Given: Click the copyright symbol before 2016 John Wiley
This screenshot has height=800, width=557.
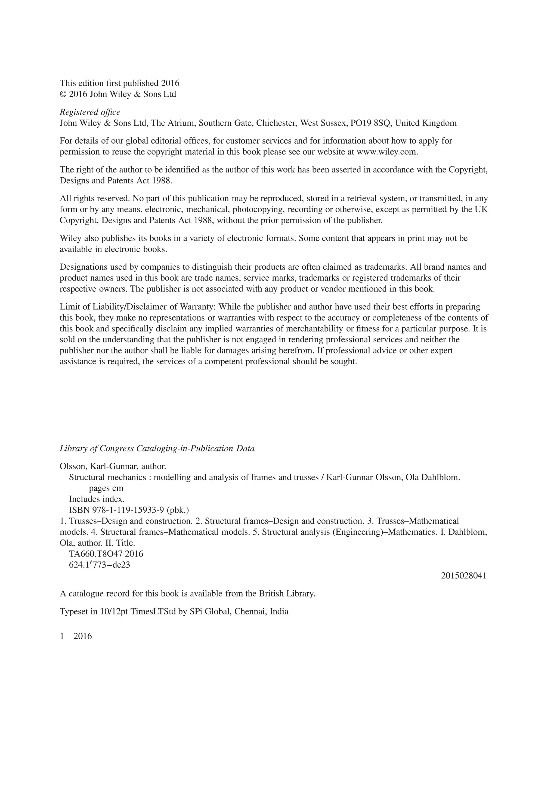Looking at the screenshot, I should [x=63, y=94].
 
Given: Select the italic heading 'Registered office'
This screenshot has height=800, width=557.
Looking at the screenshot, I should [x=90, y=112].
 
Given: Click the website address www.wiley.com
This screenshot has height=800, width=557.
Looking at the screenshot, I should [x=387, y=152].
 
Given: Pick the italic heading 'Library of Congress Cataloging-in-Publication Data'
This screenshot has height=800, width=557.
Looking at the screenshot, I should [x=157, y=448].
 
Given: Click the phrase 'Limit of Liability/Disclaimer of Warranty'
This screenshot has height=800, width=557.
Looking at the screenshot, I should [x=138, y=307].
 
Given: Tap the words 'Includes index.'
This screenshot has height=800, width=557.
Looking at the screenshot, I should [x=97, y=499].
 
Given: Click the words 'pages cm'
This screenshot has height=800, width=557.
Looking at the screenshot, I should [x=106, y=488].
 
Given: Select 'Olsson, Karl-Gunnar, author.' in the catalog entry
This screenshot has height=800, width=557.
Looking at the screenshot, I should [x=113, y=467].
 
